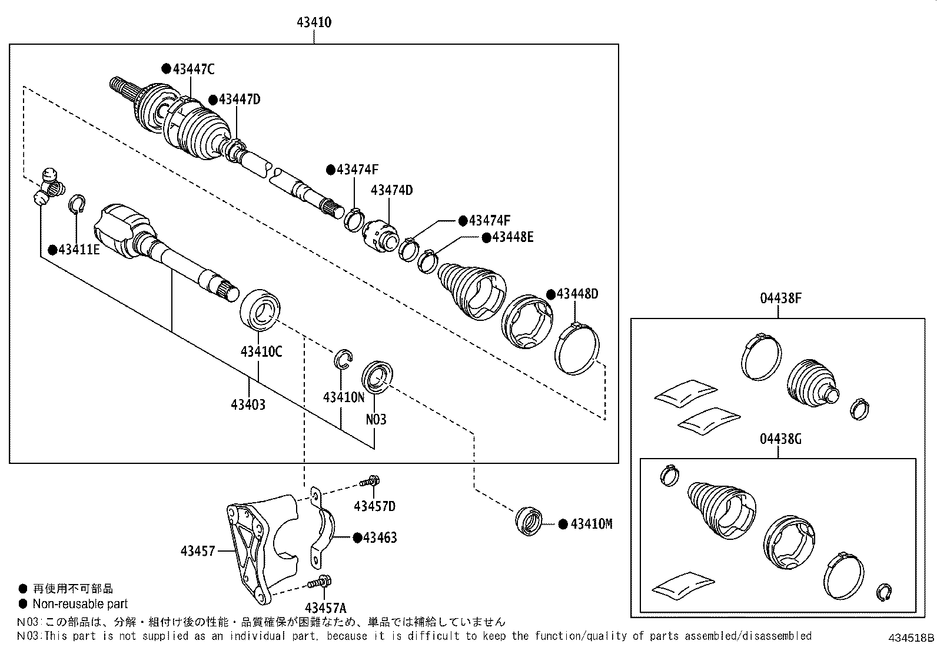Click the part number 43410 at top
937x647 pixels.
click(x=314, y=23)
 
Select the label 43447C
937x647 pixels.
click(x=193, y=69)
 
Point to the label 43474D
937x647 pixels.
click(x=391, y=190)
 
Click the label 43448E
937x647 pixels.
click(x=512, y=237)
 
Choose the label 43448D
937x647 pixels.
click(x=577, y=294)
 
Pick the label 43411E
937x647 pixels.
click(x=79, y=250)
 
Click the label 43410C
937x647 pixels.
click(x=261, y=352)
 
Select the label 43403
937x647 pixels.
click(x=248, y=404)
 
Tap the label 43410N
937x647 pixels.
click(x=344, y=397)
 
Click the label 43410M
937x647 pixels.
click(x=591, y=524)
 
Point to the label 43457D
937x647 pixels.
click(x=374, y=506)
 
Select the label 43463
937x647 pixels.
click(x=380, y=537)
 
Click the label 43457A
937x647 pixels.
click(x=325, y=608)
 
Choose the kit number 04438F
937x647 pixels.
click(x=780, y=298)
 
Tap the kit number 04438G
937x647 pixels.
click(x=780, y=439)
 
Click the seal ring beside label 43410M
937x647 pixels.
click(x=530, y=521)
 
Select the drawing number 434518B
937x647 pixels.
click(x=911, y=638)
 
